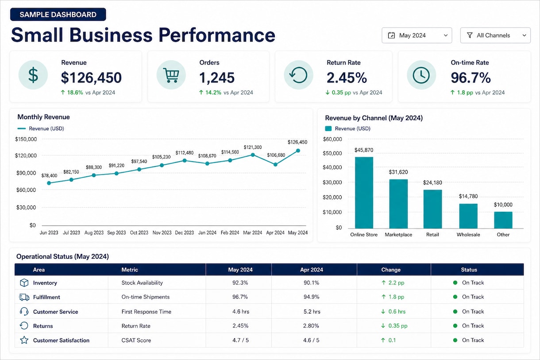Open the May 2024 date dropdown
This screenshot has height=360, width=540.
pos(417,35)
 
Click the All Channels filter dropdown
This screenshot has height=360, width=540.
pos(495,35)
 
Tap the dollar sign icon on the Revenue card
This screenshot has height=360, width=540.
pos(33,75)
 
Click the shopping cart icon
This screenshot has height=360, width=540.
pos(171,75)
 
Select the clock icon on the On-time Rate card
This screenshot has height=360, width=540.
pos(421,75)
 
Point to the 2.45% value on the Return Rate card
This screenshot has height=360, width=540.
pos(347,77)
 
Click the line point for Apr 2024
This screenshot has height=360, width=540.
pos(275,164)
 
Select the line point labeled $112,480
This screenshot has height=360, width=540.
pos(185,161)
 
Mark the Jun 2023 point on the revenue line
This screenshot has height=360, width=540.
pos(49,183)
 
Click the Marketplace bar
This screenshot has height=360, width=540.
pos(398,204)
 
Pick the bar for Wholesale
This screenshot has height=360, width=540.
pos(468,216)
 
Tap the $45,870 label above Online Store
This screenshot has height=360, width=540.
pos(364,150)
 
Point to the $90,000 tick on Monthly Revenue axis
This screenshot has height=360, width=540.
pos(26,173)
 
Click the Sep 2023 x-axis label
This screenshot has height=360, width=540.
pos(116,232)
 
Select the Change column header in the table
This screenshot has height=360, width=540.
pos(391,270)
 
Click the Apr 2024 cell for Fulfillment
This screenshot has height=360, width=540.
pos(311,297)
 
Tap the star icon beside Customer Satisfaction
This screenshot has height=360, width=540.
pos(24,340)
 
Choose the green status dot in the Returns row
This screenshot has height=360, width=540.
pos(455,326)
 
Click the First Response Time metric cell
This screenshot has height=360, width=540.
pos(147,312)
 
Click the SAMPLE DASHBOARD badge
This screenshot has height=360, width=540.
pos(58,15)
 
